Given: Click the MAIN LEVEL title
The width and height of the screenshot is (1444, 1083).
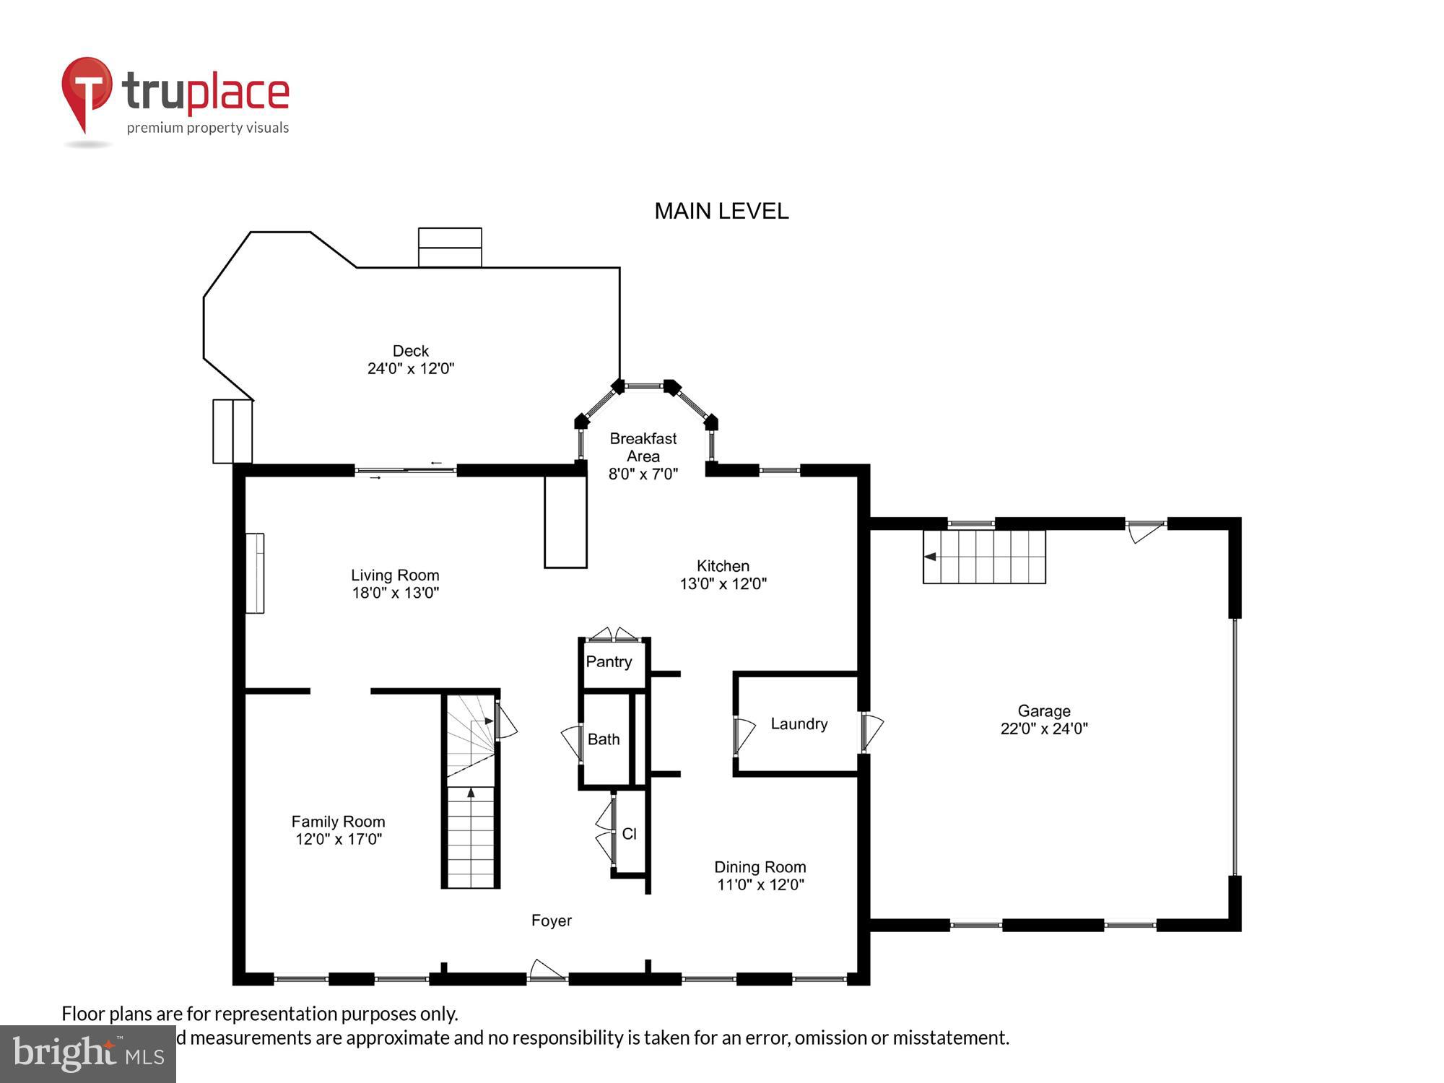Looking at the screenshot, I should coord(721,211).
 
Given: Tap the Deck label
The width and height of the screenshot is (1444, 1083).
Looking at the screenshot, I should coord(410,351).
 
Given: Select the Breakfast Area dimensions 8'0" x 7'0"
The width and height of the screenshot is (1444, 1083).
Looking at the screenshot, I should coord(643,474).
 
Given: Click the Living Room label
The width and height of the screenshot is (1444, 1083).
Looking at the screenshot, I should coord(395,575).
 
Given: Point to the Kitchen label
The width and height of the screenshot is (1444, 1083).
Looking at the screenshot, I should coord(723,566).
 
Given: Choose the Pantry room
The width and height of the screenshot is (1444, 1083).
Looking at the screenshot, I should coord(609,662).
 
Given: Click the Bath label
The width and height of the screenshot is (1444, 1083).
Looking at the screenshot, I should coord(604,739).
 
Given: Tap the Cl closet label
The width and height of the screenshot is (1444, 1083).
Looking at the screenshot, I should coord(629,834).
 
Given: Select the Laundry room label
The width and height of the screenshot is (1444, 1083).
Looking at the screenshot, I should coord(799,724).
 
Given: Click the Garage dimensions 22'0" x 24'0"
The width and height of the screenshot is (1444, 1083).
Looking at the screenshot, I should coord(1043,729).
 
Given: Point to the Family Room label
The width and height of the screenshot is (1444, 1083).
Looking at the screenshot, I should coord(338,822).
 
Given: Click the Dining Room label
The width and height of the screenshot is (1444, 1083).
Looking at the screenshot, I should coord(760,867).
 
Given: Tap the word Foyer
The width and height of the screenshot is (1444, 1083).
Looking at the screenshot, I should coord(551,921).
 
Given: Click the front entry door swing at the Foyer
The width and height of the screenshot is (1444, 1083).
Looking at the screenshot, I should coord(546,970).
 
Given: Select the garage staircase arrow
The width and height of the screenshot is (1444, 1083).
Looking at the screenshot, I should coord(931,557).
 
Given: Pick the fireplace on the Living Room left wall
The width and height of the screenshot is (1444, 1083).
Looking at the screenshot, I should coord(255,573).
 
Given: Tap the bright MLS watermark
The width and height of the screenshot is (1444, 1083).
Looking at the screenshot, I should coord(88,1054).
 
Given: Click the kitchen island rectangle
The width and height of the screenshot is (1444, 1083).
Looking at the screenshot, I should coord(565,522).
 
